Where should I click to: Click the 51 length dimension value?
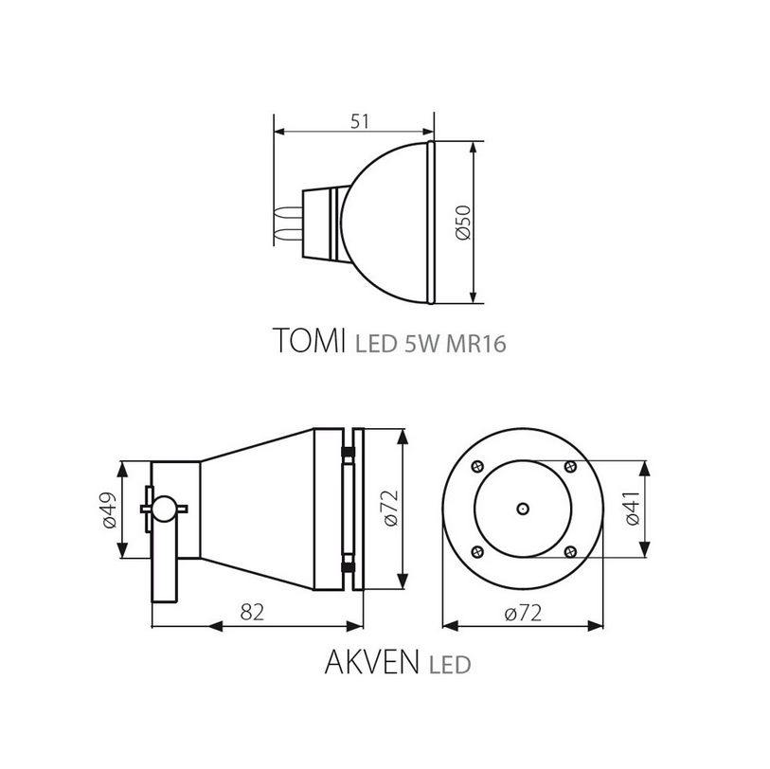click(360, 121)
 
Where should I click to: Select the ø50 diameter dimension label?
click(463, 223)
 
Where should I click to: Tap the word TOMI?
click(309, 340)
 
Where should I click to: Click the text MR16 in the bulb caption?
click(475, 344)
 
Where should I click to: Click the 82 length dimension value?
click(253, 612)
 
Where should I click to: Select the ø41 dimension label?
click(633, 509)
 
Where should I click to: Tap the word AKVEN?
click(372, 662)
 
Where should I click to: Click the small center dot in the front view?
click(523, 510)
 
